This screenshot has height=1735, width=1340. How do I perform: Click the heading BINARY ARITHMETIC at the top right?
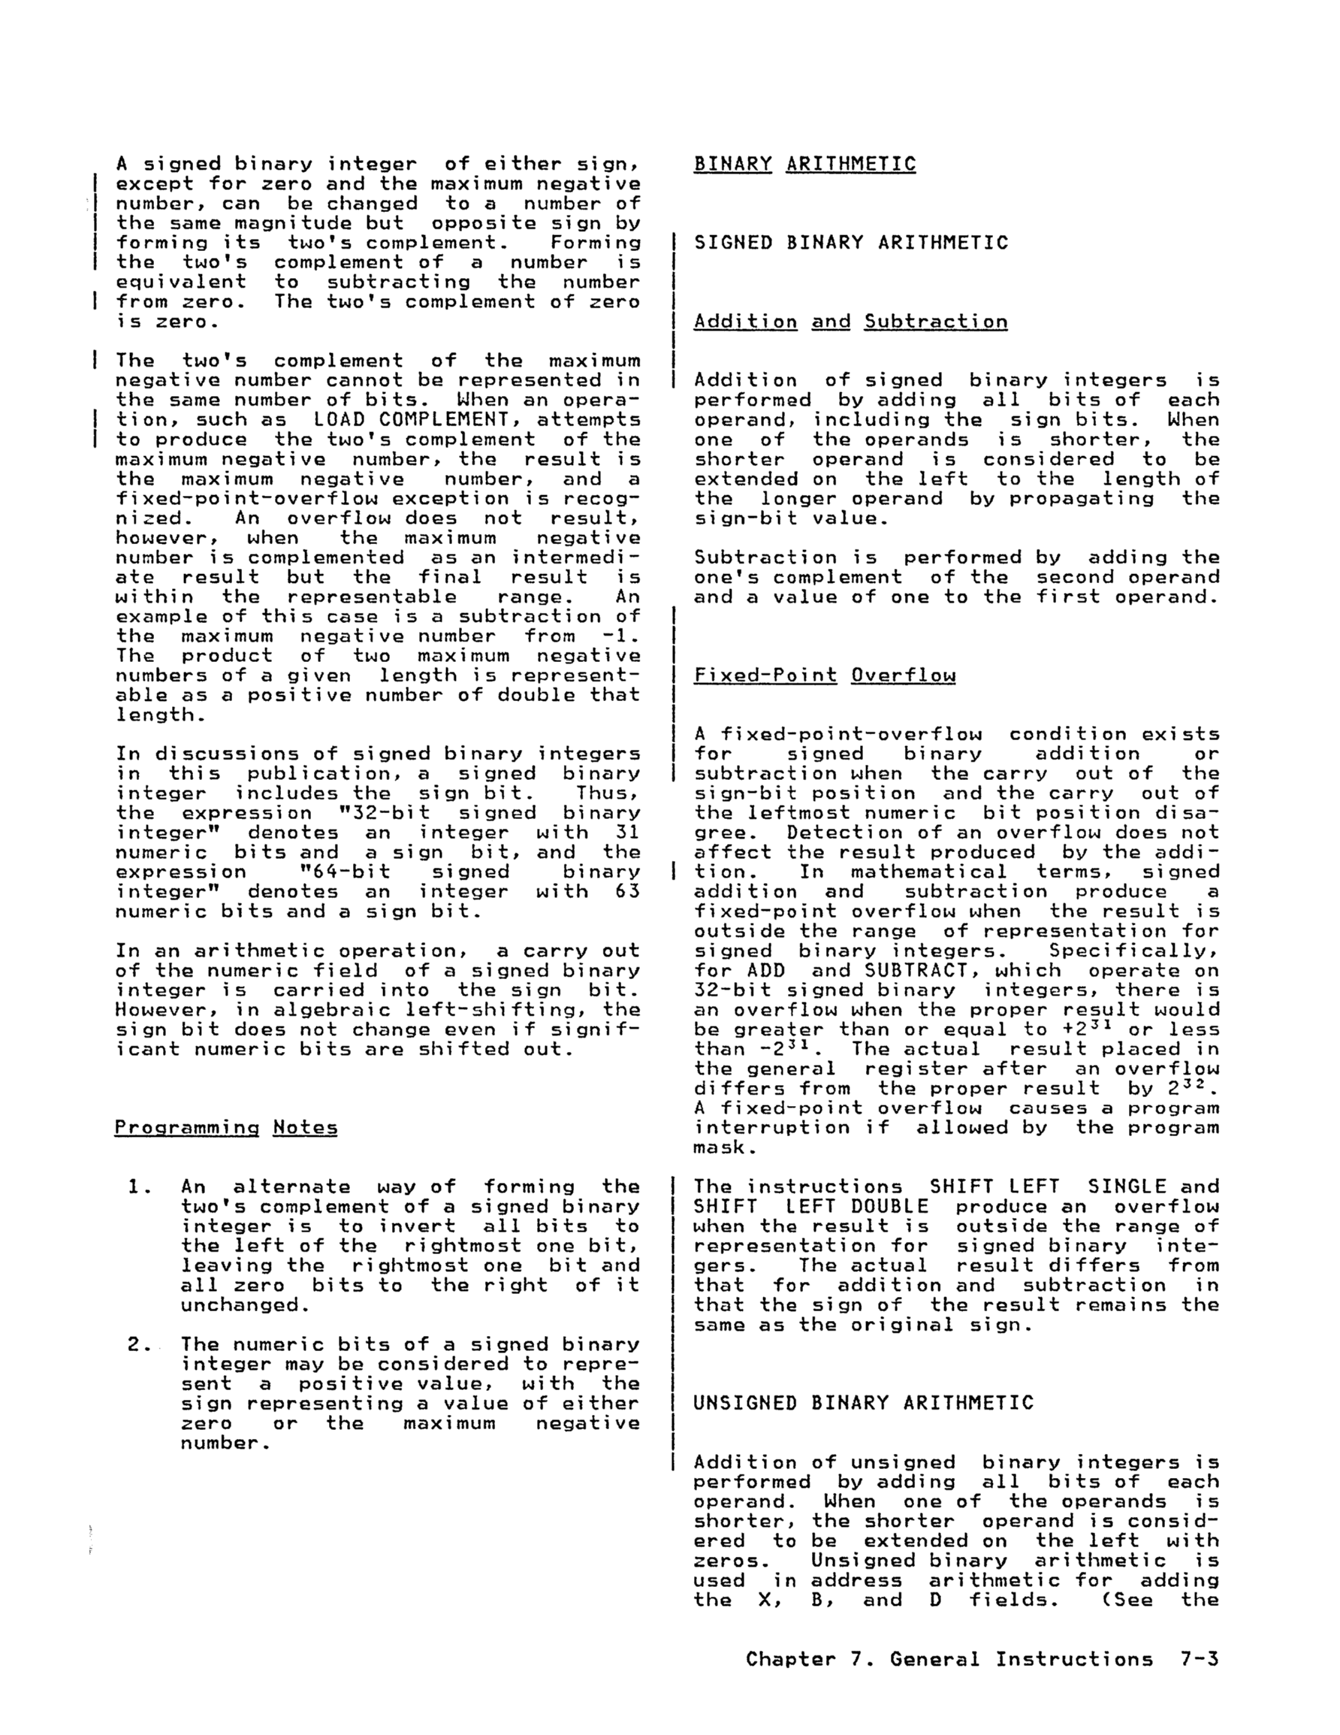pyautogui.click(x=804, y=164)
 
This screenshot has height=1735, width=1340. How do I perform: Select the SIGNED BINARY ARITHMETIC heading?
pyautogui.click(x=851, y=242)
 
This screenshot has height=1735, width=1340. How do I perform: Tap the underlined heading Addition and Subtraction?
pyautogui.click(x=850, y=321)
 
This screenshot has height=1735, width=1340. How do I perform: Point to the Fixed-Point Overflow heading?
pyautogui.click(x=824, y=676)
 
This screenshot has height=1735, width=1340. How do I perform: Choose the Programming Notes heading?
pyautogui.click(x=225, y=1127)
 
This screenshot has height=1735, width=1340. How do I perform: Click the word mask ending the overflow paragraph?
pyautogui.click(x=718, y=1147)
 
